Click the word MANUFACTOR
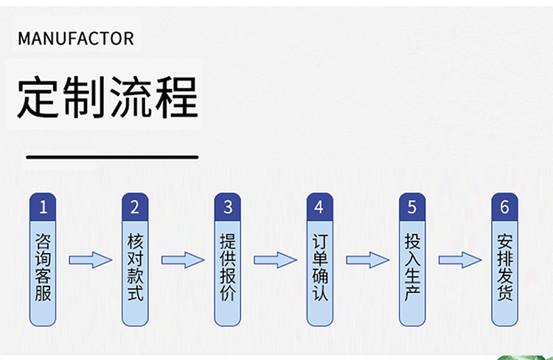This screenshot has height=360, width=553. tap(76, 38)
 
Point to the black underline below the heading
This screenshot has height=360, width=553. tap(112, 157)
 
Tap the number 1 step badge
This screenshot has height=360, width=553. tap(43, 207)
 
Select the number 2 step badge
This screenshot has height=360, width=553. tap(135, 207)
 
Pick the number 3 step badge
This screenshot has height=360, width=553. tap(228, 207)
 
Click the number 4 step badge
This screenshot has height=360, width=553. tap(319, 207)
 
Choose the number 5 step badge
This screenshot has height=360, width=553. tap(412, 207)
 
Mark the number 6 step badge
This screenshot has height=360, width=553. tap(504, 207)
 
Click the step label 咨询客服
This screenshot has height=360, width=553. tap(43, 267)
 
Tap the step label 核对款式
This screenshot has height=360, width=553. tap(135, 267)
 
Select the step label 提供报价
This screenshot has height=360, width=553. tap(228, 267)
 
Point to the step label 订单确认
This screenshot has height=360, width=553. tap(319, 267)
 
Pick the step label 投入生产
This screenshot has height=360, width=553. tap(412, 267)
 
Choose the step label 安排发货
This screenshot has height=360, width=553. tap(504, 267)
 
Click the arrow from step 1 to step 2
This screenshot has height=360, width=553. tap(90, 260)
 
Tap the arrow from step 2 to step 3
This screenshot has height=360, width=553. tap(182, 260)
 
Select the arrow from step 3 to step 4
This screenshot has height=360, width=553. tap(274, 260)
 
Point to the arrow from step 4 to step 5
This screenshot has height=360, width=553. tap(366, 260)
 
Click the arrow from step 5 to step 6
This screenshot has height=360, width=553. tap(459, 260)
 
